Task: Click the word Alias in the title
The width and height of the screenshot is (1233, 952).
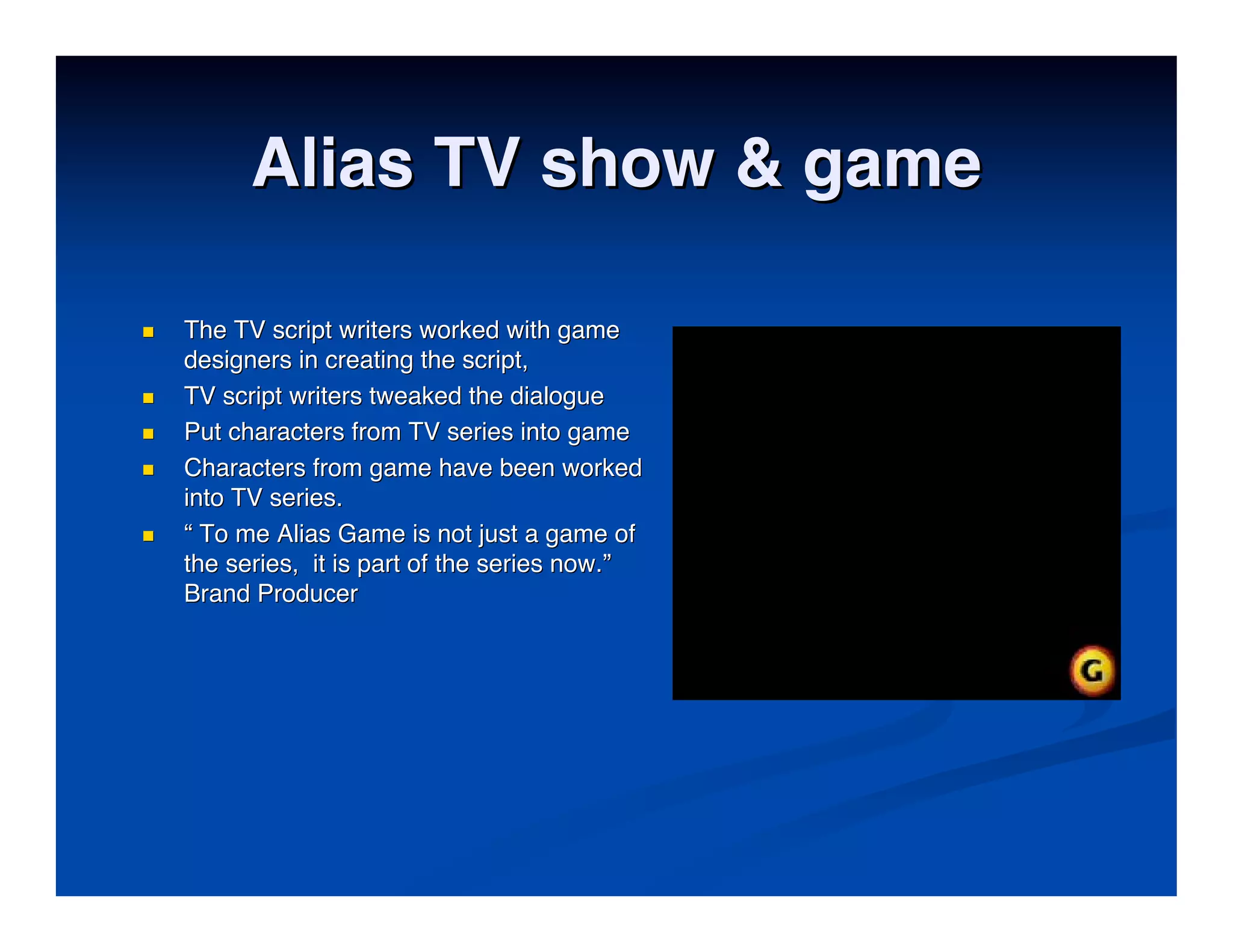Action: tap(333, 163)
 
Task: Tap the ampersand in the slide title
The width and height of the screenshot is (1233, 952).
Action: tap(759, 163)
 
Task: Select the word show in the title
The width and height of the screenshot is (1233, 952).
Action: tap(627, 163)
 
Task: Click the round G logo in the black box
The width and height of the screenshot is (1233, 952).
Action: tap(1092, 670)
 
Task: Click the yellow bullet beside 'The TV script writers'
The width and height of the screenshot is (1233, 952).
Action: tap(148, 332)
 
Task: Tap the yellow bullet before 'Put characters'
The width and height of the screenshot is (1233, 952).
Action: tap(148, 434)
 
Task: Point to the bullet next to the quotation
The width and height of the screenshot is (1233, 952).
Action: tap(148, 536)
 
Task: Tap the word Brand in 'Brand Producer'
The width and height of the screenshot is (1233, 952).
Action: tap(217, 594)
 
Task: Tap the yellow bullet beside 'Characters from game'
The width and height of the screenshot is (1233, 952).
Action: tap(148, 470)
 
